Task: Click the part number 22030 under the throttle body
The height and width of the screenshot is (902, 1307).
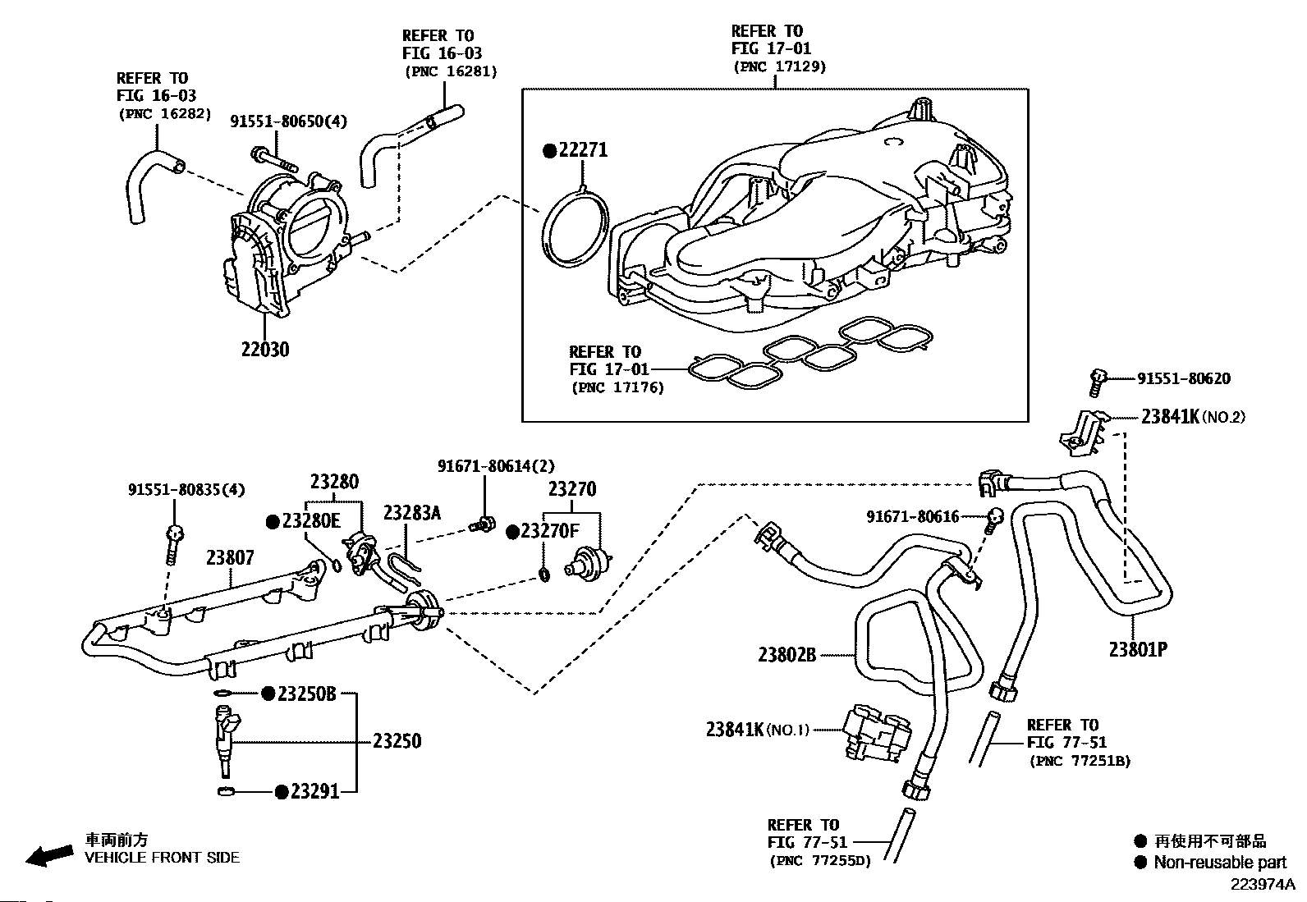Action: (x=265, y=350)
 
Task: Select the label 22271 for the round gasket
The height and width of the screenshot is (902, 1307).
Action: (x=583, y=150)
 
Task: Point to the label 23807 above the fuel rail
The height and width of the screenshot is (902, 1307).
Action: (x=230, y=558)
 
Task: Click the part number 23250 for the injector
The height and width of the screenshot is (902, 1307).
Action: (x=397, y=741)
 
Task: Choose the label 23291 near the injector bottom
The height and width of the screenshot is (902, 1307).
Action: (x=315, y=791)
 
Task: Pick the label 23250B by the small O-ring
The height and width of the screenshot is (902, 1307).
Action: (x=306, y=694)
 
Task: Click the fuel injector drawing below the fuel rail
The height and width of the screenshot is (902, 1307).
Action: (x=227, y=742)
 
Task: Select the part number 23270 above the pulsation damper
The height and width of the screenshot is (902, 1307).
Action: (x=571, y=489)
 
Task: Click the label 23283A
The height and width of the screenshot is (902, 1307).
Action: (x=412, y=513)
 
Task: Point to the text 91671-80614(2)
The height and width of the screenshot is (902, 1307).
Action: (x=496, y=466)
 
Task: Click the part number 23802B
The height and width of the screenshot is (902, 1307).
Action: (x=787, y=655)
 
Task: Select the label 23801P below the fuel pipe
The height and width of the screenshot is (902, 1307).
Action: (x=1138, y=649)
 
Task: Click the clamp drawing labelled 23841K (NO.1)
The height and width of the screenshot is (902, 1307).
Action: (x=876, y=734)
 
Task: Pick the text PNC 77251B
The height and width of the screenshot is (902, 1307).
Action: (x=1080, y=761)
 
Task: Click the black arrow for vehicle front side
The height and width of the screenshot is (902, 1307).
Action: (x=49, y=856)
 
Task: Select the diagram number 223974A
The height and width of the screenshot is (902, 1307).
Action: (x=1263, y=885)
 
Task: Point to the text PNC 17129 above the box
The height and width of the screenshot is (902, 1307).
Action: (x=780, y=66)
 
